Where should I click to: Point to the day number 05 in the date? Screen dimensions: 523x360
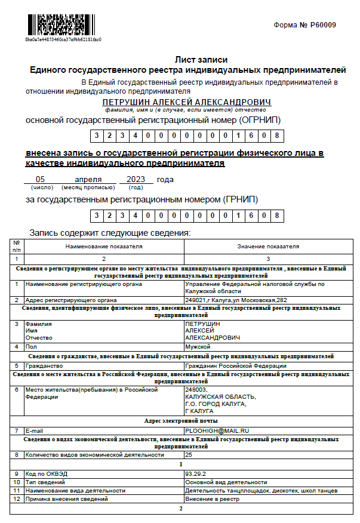(x=41, y=179)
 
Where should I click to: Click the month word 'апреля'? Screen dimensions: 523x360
(x=87, y=179)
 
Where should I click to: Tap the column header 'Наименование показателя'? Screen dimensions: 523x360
(x=103, y=246)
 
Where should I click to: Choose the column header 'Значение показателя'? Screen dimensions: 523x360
(x=268, y=246)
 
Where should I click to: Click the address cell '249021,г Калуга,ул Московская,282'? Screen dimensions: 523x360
(x=236, y=300)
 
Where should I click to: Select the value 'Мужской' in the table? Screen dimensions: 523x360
(x=198, y=346)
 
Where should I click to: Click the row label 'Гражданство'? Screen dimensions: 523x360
(x=44, y=365)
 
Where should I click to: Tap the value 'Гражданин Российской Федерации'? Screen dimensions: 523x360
(x=236, y=365)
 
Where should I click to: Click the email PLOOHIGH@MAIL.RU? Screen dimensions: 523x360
(x=216, y=430)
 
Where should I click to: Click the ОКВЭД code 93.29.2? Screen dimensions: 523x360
(x=195, y=473)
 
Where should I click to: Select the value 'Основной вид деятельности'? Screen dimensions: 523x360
(x=226, y=482)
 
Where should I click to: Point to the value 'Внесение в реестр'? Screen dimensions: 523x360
(x=212, y=499)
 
